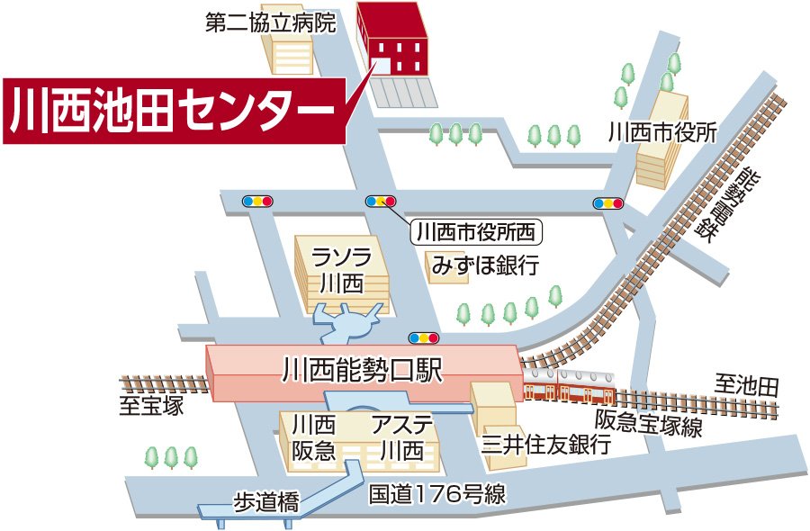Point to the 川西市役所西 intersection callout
477,232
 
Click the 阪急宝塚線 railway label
648,422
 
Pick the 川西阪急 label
313,436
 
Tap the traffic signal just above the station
424,338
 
